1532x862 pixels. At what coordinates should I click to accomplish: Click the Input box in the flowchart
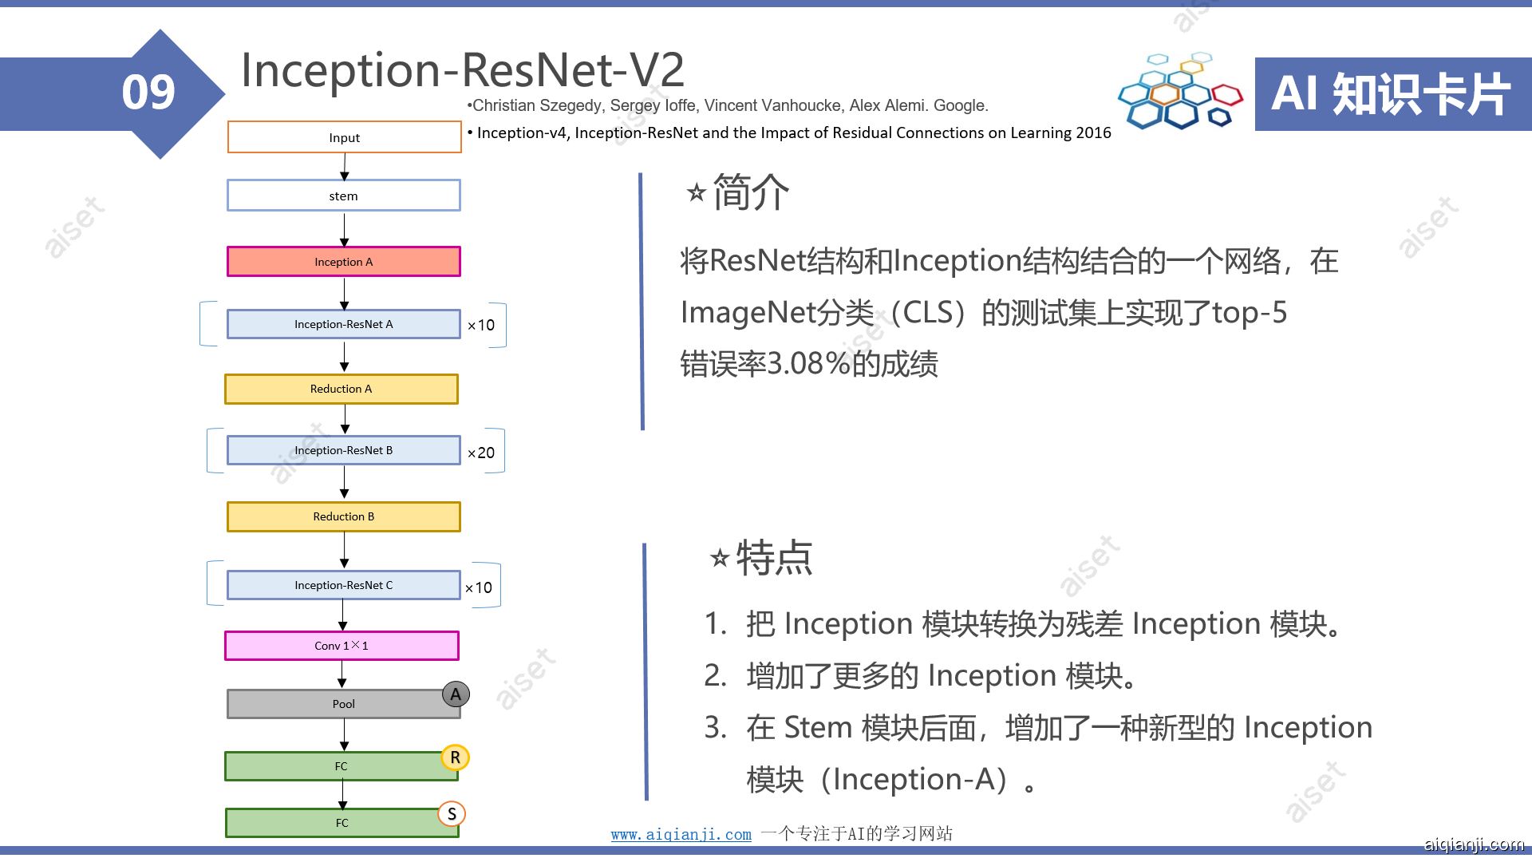click(344, 137)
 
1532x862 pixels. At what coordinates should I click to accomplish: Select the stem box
click(344, 196)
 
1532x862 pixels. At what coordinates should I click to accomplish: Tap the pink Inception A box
click(344, 262)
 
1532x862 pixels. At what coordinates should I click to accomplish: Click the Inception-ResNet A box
click(344, 324)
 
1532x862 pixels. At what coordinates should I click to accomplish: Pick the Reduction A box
click(342, 389)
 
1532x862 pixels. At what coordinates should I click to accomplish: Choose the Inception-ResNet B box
click(344, 450)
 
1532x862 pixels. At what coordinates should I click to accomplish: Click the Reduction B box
click(344, 516)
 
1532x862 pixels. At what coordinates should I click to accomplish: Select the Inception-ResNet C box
click(344, 585)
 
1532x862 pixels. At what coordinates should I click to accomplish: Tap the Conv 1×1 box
click(342, 646)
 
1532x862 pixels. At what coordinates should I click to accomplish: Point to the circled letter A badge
click(456, 694)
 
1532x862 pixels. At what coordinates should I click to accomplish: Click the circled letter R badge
click(455, 757)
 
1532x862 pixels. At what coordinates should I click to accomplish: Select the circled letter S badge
click(452, 814)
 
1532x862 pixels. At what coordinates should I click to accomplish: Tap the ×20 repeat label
click(481, 453)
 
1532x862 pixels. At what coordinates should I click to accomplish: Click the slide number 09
click(148, 93)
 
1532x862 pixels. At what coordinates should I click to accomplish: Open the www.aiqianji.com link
click(681, 835)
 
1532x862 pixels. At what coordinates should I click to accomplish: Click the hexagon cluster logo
click(1179, 91)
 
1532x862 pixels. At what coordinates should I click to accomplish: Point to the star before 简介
click(697, 192)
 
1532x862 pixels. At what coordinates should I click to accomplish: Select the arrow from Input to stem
click(345, 166)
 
